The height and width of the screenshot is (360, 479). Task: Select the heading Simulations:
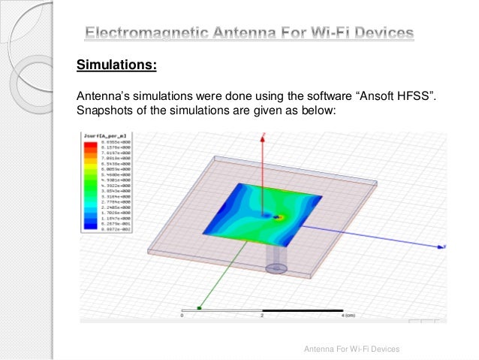coord(116,65)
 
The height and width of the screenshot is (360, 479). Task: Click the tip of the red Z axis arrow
coord(262,136)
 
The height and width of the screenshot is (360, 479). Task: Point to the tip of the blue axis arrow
coord(447,245)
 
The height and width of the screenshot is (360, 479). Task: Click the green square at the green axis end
coord(199,307)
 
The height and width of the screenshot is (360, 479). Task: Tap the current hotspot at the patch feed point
coord(279,216)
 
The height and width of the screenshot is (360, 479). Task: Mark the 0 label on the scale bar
coord(182,316)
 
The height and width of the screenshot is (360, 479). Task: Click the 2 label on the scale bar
coord(262,316)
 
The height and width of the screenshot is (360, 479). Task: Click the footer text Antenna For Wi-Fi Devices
coord(351,349)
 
